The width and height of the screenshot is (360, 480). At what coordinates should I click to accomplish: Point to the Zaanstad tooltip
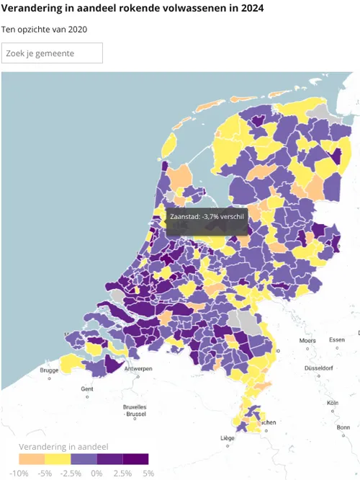(x=207, y=215)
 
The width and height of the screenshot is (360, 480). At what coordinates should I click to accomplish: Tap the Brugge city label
(x=49, y=370)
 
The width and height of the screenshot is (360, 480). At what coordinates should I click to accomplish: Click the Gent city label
(x=87, y=389)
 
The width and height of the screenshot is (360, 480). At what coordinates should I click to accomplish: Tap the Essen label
(x=336, y=339)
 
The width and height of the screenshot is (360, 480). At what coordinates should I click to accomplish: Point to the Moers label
(x=307, y=340)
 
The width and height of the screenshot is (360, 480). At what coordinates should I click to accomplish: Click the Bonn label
(x=343, y=427)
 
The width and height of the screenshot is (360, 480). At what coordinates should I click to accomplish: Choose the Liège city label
(x=228, y=438)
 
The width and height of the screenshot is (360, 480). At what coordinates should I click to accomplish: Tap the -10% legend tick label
(x=19, y=473)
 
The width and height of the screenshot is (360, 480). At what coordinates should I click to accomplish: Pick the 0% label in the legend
(x=96, y=473)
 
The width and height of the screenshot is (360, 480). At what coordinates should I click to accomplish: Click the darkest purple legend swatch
(x=135, y=459)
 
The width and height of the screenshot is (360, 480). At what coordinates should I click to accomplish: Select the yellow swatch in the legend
(x=58, y=459)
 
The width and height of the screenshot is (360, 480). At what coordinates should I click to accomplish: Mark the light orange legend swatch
(x=32, y=459)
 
